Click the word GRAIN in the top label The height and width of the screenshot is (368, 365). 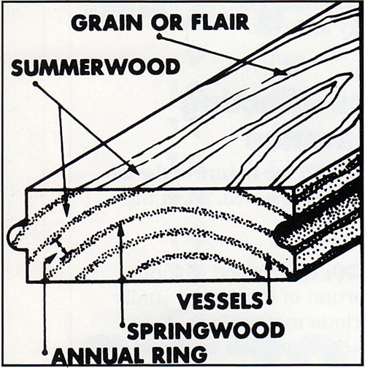107,23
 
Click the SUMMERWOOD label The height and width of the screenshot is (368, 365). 96,66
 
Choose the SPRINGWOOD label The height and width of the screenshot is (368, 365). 206,330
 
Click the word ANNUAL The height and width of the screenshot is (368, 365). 98,355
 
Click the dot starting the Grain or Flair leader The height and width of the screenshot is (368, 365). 159,37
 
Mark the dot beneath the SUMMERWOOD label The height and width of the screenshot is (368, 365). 36,84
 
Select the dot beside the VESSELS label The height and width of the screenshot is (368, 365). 269,302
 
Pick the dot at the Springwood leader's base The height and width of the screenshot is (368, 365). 123,325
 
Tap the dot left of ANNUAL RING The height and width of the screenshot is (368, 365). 45,352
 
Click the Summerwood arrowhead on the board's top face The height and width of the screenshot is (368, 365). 134,169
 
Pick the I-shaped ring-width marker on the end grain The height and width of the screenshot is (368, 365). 61,247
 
